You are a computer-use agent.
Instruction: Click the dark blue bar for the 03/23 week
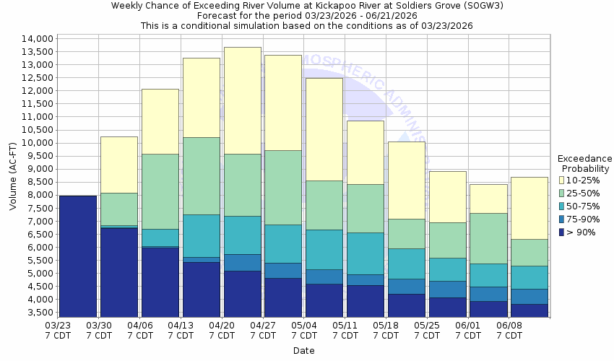[77, 256]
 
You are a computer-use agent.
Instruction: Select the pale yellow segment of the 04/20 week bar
[242, 100]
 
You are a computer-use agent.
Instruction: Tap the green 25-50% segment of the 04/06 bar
[160, 191]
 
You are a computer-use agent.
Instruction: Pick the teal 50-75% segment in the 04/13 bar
[201, 235]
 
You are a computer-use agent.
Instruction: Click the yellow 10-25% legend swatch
[563, 180]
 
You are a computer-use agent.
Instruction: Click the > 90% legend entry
[581, 232]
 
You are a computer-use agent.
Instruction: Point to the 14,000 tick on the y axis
[37, 39]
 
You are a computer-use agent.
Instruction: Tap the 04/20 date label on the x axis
[222, 326]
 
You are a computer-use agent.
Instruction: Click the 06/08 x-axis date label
[510, 326]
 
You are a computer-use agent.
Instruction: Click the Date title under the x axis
[303, 351]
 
